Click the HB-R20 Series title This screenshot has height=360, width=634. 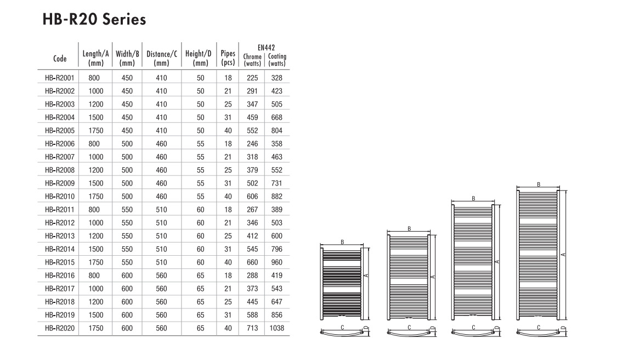pos(94,19)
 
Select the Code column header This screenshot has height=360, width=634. pos(60,59)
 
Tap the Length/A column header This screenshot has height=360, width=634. pos(96,58)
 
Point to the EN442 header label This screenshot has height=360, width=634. pos(266,47)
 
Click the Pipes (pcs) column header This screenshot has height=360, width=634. pos(228,58)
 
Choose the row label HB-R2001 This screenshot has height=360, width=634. pos(60,78)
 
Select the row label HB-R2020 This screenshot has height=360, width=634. pos(60,328)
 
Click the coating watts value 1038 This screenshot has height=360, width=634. pos(277,328)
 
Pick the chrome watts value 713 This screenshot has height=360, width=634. pos(252,328)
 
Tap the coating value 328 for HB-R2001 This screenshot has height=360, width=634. pos(277,78)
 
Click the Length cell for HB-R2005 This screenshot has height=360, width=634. pos(96,130)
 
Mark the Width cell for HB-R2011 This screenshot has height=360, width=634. pos(127,210)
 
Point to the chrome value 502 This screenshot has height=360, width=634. pos(252,183)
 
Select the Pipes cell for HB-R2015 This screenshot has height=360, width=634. pos(228,262)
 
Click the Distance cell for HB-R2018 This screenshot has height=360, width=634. pos(161,302)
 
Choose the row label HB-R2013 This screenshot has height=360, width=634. pos(60,236)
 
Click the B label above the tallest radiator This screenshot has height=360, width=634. pos(539,184)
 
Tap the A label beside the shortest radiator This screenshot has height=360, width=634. pos(366,275)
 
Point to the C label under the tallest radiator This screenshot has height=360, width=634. pos(539,328)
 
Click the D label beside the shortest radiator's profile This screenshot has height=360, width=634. pos(366,328)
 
